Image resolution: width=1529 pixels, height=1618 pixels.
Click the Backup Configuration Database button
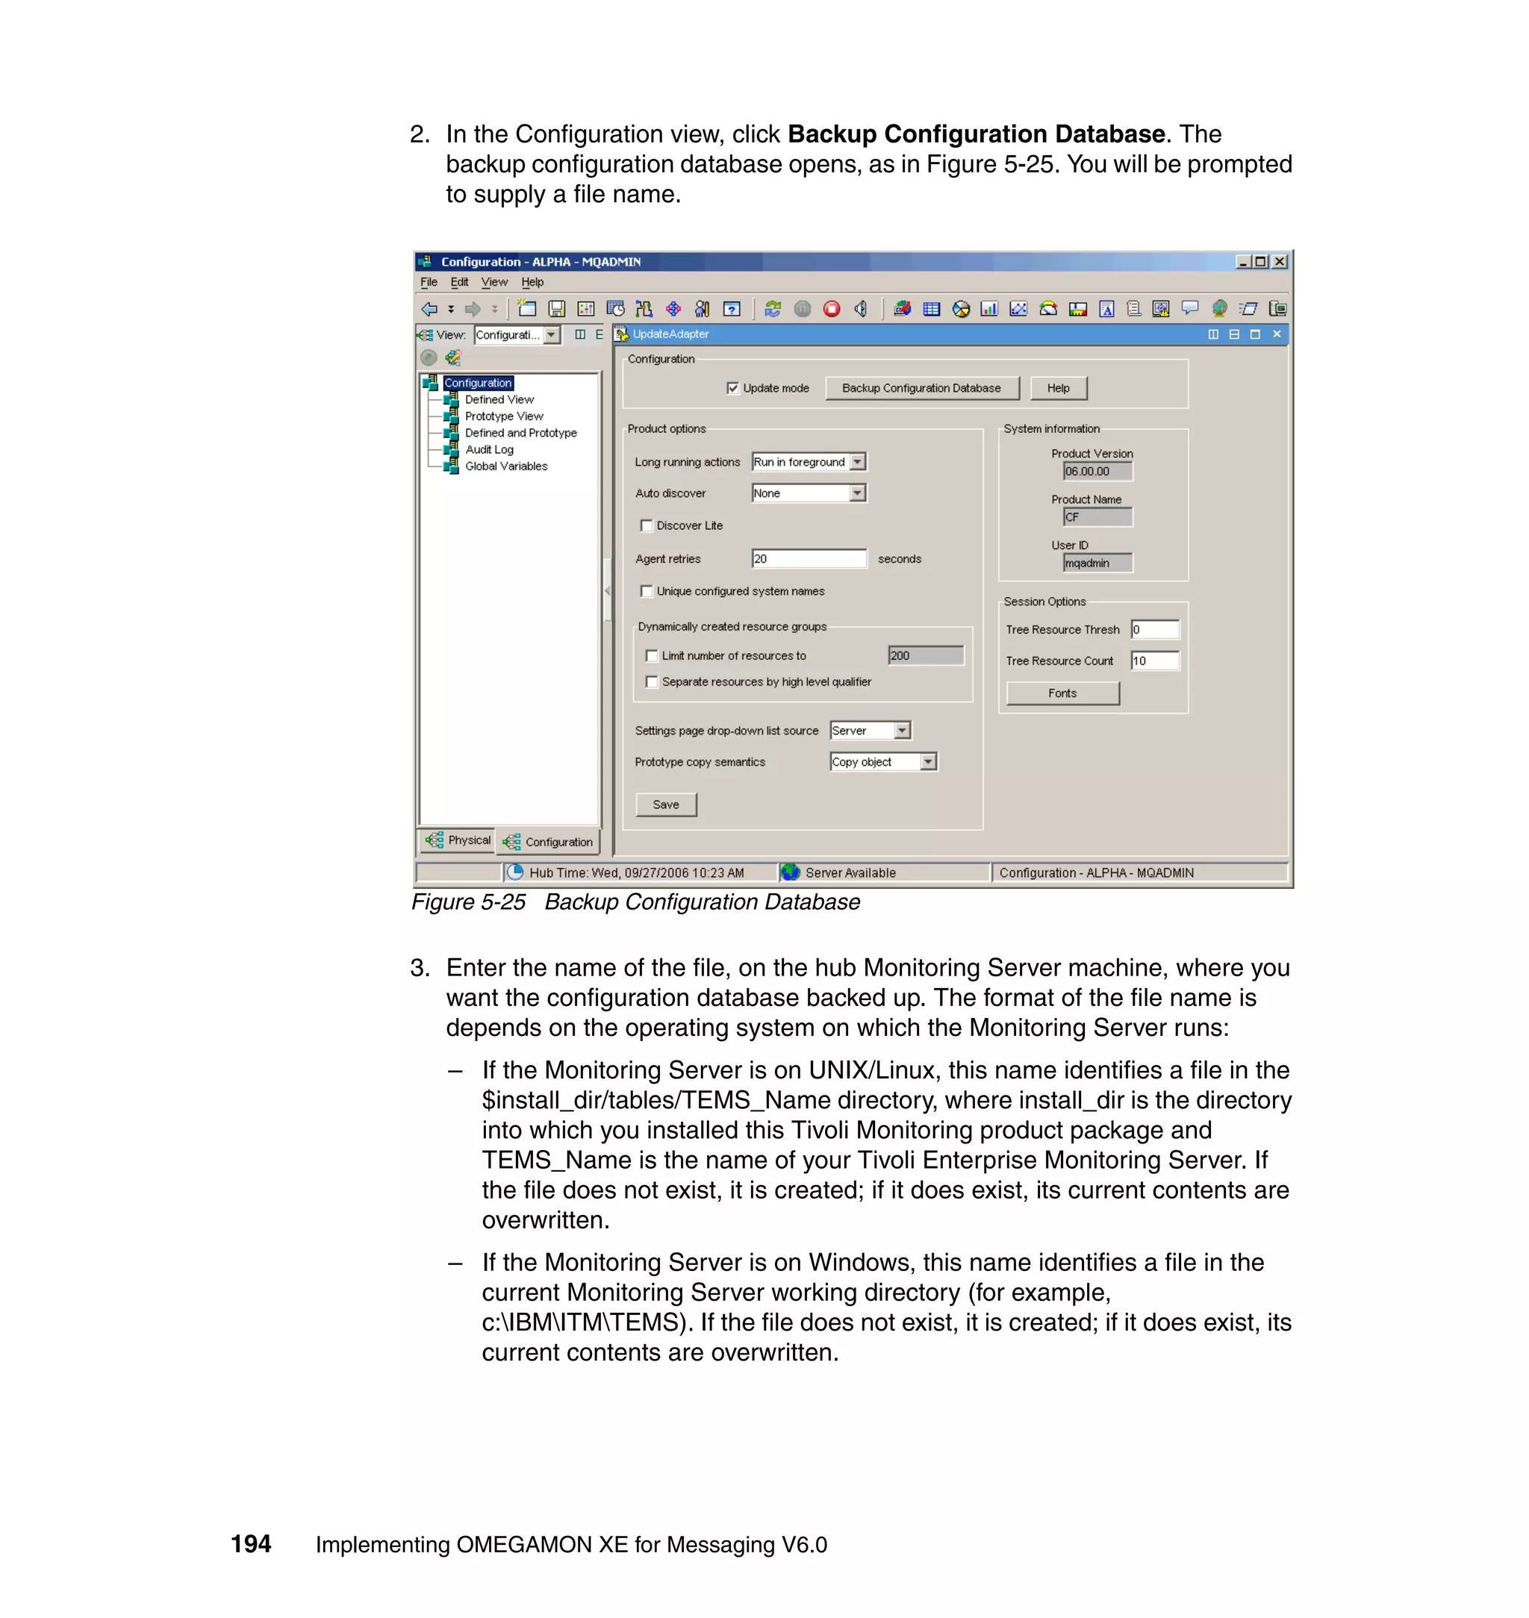click(921, 389)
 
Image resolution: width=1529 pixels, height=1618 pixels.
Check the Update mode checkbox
click(732, 389)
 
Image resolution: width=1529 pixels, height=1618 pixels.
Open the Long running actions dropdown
click(857, 462)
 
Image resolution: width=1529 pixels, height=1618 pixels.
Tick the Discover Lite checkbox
click(647, 525)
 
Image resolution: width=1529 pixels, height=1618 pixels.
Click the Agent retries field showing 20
click(808, 559)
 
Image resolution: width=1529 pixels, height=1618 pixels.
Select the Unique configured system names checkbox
click(647, 592)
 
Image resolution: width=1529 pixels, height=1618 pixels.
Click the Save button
click(666, 805)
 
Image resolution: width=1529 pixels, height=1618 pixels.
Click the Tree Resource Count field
click(1155, 660)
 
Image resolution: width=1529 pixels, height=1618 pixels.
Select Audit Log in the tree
click(489, 450)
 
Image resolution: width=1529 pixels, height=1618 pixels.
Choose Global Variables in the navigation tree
click(506, 466)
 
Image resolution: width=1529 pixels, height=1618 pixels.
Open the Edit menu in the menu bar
click(459, 282)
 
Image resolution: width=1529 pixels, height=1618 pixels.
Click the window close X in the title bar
click(1280, 261)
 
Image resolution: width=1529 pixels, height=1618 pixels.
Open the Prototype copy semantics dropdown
click(927, 762)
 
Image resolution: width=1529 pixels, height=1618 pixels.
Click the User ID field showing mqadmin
click(1097, 563)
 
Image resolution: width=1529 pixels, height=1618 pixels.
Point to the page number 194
click(251, 1544)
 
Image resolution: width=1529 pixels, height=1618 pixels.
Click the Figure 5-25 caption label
click(469, 902)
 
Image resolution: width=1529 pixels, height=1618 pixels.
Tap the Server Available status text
click(850, 872)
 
